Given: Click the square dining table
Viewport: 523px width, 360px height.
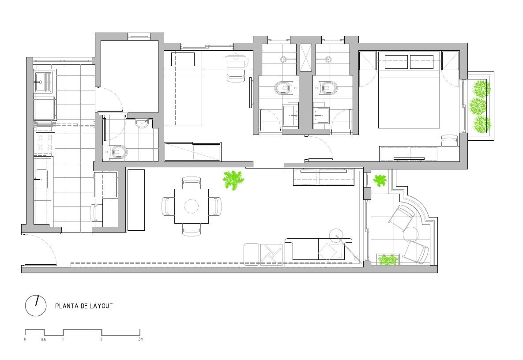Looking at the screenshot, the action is pyautogui.click(x=192, y=206).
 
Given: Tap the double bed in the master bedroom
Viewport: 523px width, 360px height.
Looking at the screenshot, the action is pyautogui.click(x=409, y=90).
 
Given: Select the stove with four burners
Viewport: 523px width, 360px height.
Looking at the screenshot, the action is pyautogui.click(x=45, y=142).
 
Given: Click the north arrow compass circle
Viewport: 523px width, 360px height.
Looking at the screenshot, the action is pyautogui.click(x=36, y=306).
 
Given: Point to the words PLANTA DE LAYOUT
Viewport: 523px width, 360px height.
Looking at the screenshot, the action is pyautogui.click(x=84, y=306).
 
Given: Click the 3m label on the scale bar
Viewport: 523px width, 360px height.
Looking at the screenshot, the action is pyautogui.click(x=140, y=339).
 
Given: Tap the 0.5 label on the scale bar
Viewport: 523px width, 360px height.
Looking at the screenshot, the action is pyautogui.click(x=44, y=340).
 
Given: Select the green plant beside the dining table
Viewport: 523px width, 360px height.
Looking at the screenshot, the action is pyautogui.click(x=233, y=180).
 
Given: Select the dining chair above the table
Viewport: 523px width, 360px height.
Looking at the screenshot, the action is pyautogui.click(x=192, y=183).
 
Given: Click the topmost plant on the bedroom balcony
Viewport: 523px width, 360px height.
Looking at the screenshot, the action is pyautogui.click(x=481, y=88).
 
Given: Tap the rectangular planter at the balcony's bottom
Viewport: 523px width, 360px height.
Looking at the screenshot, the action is pyautogui.click(x=388, y=260).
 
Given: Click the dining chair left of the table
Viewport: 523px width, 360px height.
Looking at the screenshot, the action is pyautogui.click(x=168, y=206).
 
